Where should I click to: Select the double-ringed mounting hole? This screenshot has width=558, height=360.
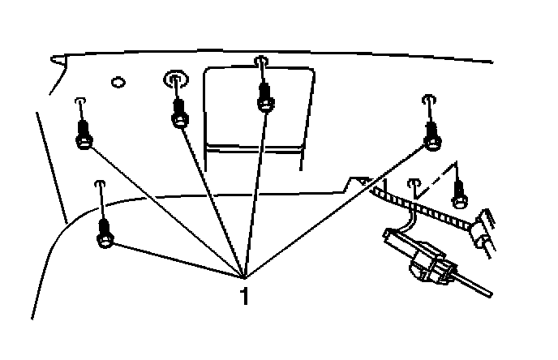click(175, 79)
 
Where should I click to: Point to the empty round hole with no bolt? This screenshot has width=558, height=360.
click(118, 82)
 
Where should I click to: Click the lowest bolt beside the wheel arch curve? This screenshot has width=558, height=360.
click(105, 238)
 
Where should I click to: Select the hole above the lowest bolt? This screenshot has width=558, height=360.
click(100, 184)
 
